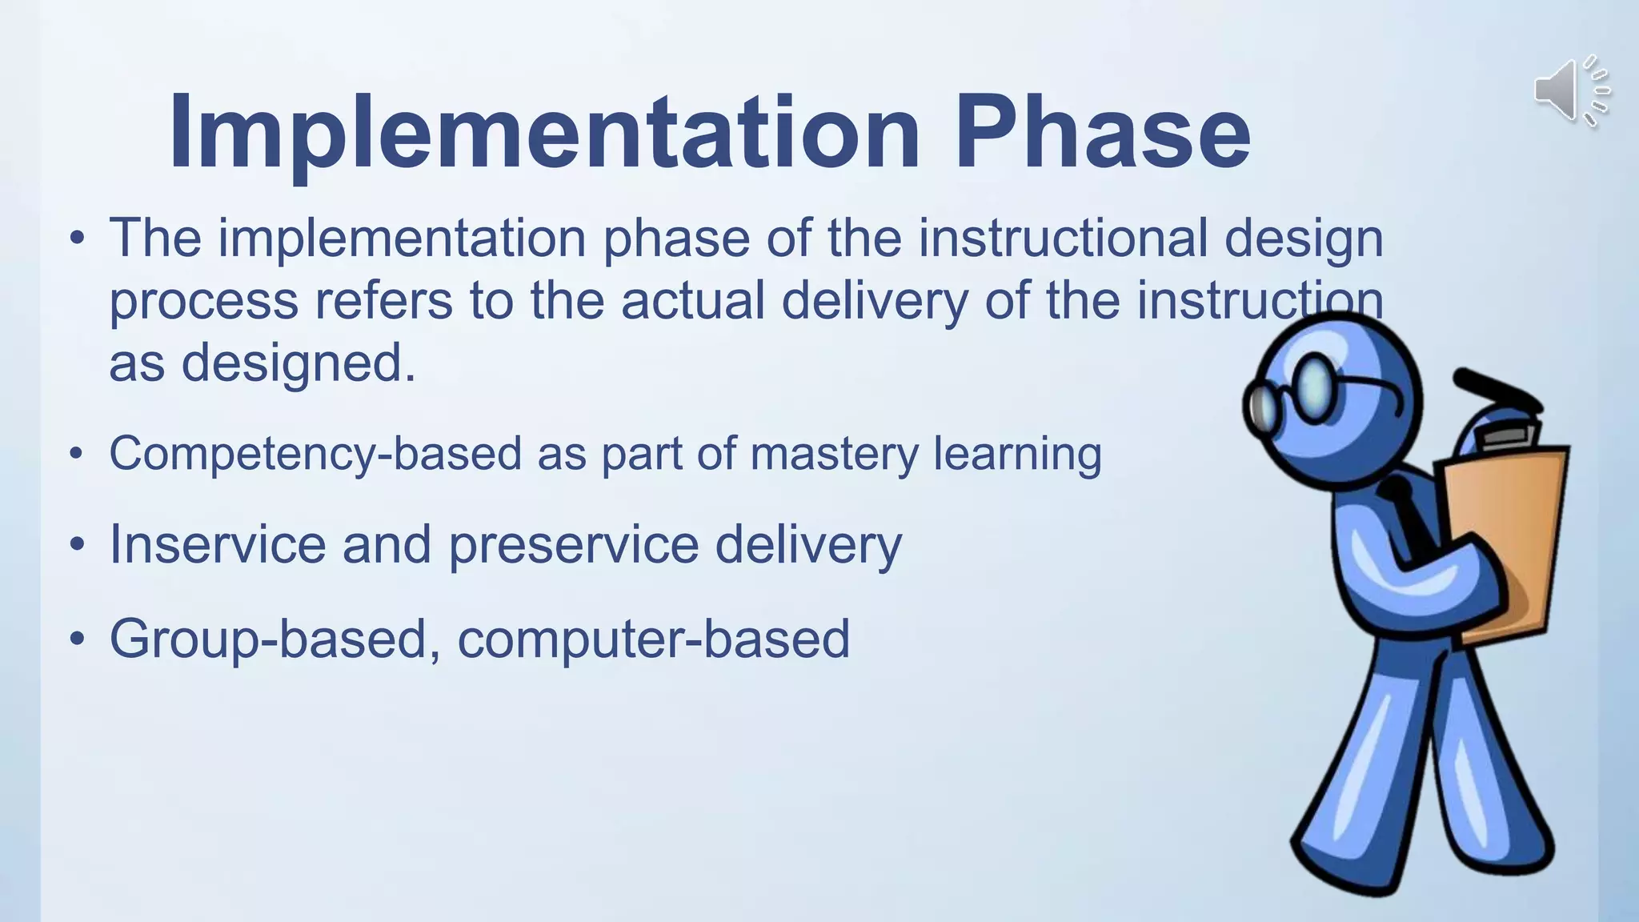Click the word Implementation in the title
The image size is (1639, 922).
click(x=544, y=132)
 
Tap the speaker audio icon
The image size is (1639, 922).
click(x=1570, y=91)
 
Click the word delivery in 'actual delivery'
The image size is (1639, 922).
click(x=875, y=301)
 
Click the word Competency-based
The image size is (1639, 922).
click(x=315, y=454)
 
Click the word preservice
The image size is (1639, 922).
click(x=573, y=544)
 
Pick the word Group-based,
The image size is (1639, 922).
click(x=275, y=639)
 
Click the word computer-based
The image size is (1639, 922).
click(x=653, y=639)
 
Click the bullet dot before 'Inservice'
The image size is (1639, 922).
click(x=77, y=545)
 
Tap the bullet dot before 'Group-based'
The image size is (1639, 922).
click(x=77, y=639)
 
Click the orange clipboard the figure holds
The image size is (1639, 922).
click(x=1505, y=544)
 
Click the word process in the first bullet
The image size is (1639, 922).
click(x=203, y=303)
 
